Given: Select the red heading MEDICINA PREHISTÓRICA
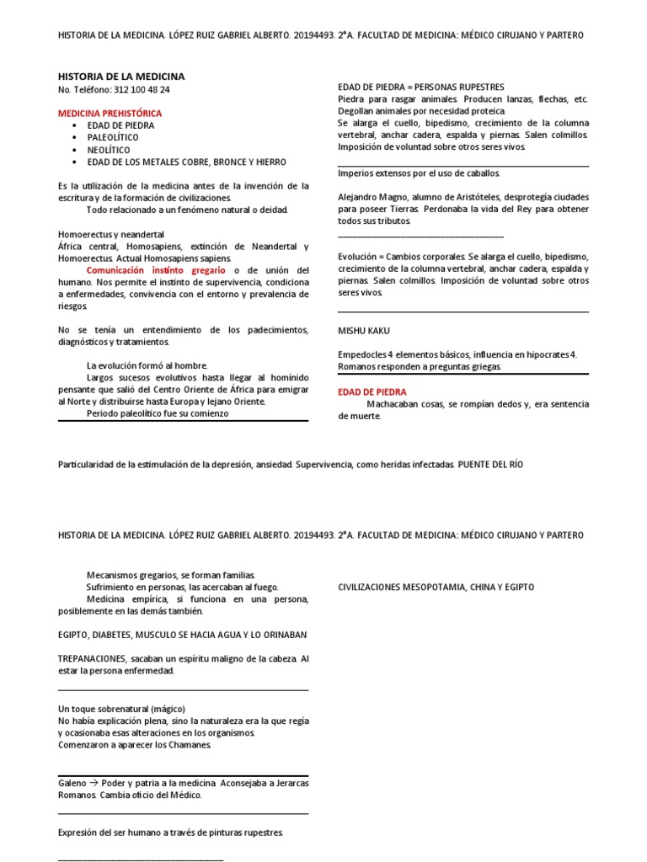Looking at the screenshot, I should coord(110,113).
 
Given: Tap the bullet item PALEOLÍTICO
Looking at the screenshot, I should coord(113,137).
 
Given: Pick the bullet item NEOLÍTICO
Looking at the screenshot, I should coord(109,149).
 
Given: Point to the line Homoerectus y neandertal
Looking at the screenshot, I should coord(111,234).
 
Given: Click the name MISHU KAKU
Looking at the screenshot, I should coord(364,331).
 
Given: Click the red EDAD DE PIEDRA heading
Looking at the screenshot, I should coord(372,392).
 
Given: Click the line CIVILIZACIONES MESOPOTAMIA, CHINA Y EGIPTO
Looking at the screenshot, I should coord(436,587).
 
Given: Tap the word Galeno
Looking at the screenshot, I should coord(72,783).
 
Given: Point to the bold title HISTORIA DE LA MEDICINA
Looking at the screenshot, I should coord(120,76).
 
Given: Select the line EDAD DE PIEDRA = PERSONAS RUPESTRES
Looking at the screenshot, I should coord(420,87).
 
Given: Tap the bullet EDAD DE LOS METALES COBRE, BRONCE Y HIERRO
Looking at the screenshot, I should coord(186,162).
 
